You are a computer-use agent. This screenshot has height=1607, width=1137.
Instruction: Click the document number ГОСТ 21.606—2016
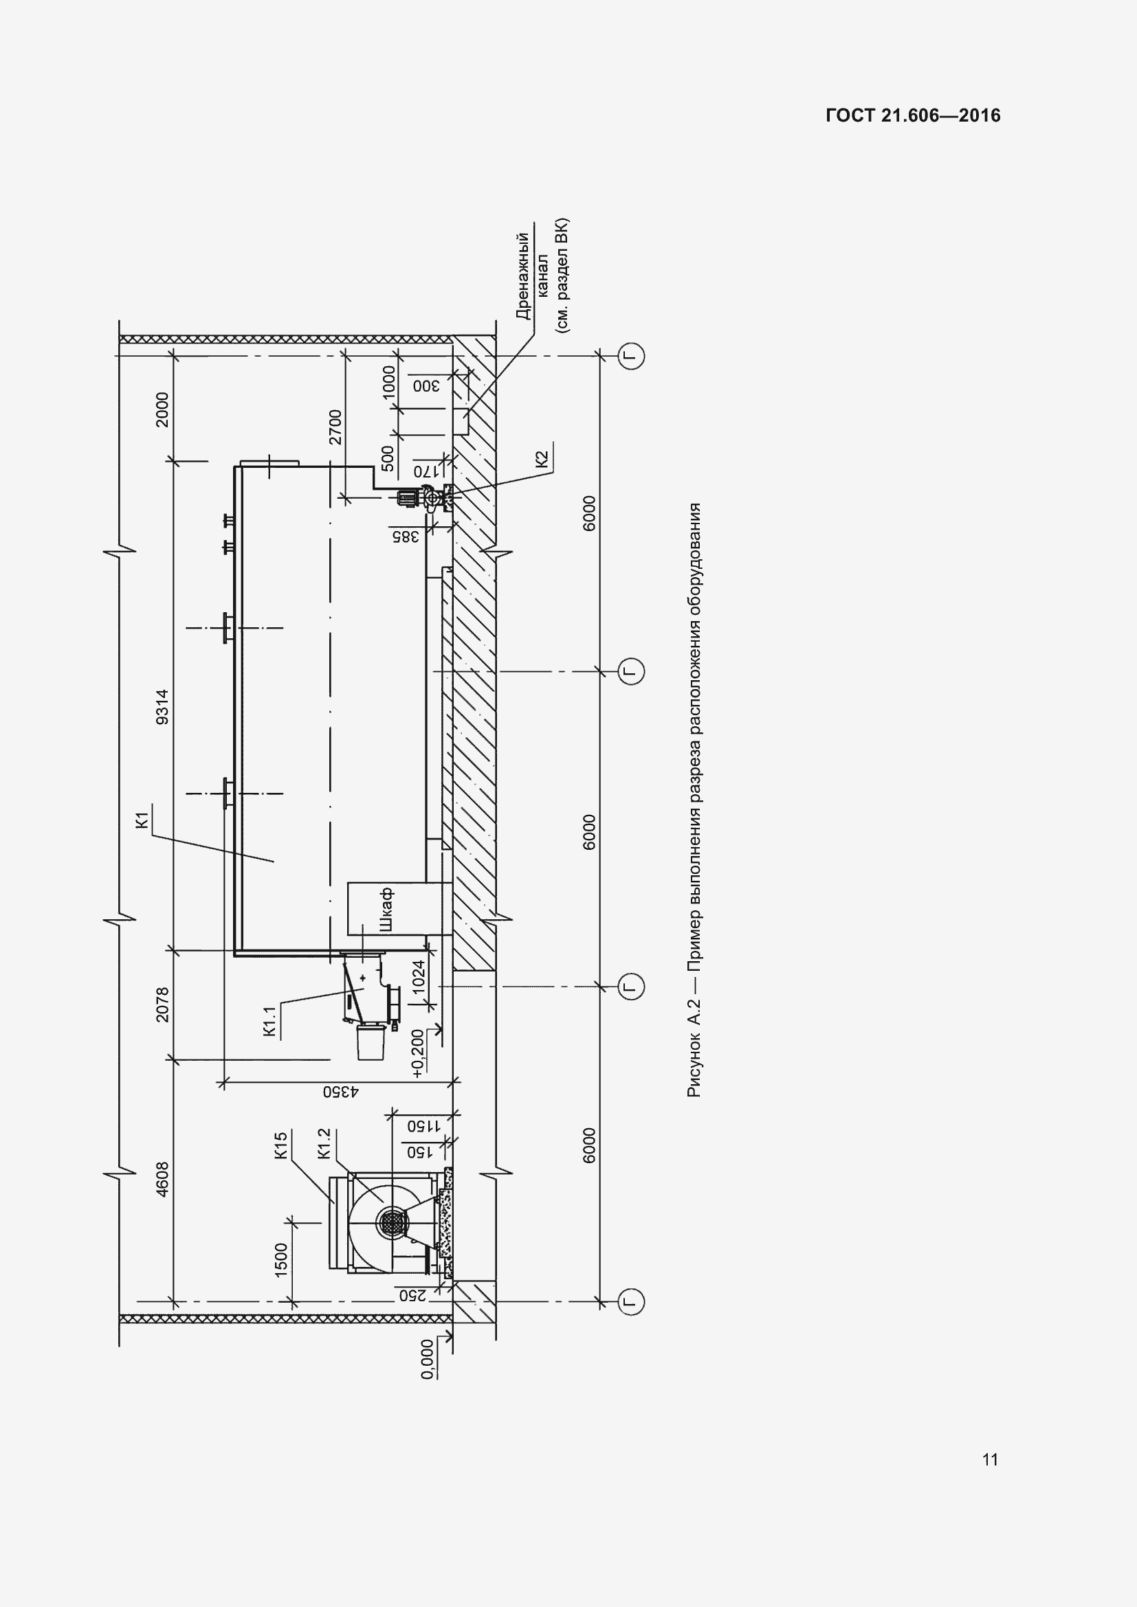click(913, 115)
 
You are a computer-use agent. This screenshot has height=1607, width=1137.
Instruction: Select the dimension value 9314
click(162, 706)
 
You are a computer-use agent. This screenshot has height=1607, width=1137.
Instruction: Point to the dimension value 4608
click(162, 1180)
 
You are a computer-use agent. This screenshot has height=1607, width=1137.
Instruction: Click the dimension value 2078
click(162, 1004)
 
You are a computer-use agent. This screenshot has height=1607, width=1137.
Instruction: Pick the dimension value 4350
click(341, 1091)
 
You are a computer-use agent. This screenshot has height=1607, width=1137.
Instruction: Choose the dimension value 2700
click(335, 427)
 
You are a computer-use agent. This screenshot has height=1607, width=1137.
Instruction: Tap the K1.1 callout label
click(271, 1020)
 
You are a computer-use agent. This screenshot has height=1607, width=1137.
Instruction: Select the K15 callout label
click(280, 1146)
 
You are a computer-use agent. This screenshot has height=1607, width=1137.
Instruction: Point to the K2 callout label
click(541, 459)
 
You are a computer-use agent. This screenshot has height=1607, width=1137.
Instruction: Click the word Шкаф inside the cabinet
click(385, 909)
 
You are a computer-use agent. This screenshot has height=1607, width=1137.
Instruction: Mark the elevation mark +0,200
click(418, 1053)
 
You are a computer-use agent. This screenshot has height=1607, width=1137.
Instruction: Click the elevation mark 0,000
click(427, 1359)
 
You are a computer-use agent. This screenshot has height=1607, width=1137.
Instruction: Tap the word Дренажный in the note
click(522, 276)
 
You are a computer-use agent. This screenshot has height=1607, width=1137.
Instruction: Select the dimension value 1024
click(418, 976)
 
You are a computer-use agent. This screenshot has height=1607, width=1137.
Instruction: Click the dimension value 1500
click(280, 1260)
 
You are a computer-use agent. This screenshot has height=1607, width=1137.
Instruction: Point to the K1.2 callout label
click(323, 1144)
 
